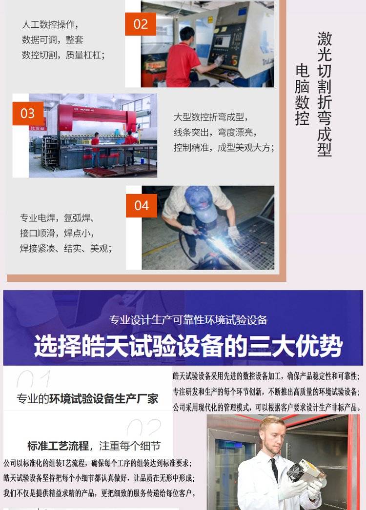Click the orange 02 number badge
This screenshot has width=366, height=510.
click(x=141, y=24)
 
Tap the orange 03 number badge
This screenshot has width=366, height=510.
click(x=28, y=114)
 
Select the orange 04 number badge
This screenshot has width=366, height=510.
click(x=142, y=206)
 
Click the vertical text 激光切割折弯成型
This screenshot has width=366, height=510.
click(x=325, y=94)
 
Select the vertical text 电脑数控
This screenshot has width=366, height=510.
click(x=302, y=95)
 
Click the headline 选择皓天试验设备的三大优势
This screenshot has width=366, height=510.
click(x=188, y=346)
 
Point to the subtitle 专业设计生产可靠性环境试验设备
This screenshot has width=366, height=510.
click(x=188, y=320)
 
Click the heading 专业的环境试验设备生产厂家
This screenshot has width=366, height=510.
click(x=87, y=399)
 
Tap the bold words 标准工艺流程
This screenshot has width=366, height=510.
click(x=58, y=446)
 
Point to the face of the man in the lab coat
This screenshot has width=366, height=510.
click(x=273, y=435)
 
